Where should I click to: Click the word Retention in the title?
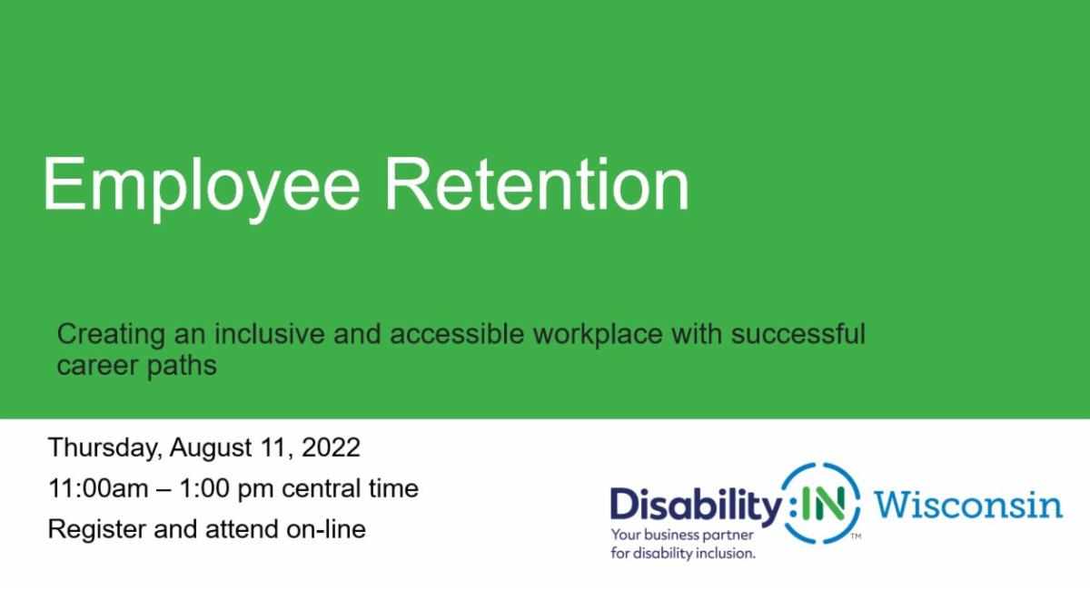536,184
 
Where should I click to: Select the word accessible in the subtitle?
455,334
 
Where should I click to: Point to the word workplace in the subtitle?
600,335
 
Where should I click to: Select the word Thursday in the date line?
104,448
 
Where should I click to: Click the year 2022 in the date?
331,448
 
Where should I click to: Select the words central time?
350,488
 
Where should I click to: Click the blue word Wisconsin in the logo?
968,504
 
